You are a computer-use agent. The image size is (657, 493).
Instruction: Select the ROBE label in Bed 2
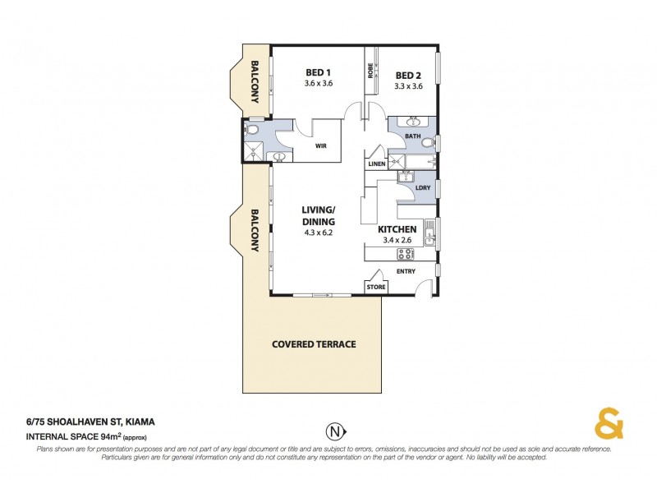tap(371, 71)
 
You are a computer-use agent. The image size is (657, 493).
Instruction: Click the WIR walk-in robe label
tap(323, 148)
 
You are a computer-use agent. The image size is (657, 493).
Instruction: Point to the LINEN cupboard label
tap(377, 164)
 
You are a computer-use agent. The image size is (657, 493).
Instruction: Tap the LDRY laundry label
tap(424, 188)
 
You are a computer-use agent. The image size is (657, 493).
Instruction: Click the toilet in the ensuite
tap(253, 130)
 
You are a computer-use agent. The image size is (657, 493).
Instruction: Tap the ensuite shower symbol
tap(255, 151)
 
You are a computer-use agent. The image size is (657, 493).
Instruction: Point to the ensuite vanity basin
tap(280, 157)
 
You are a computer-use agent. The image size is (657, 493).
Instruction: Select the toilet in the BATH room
tap(428, 142)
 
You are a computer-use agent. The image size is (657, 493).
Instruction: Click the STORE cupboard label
tap(375, 288)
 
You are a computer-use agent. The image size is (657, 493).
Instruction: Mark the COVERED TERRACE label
tap(314, 344)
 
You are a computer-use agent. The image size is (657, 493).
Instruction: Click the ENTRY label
tap(406, 271)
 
